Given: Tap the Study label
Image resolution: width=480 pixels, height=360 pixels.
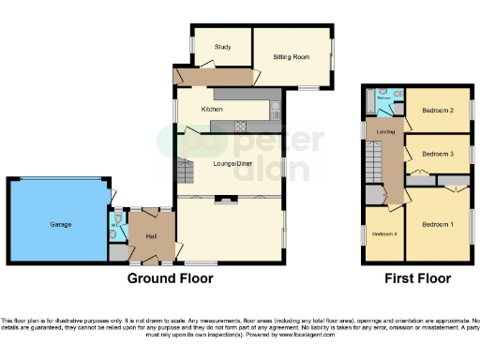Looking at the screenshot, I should pyautogui.click(x=222, y=46).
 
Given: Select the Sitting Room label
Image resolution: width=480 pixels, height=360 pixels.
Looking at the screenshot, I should pyautogui.click(x=291, y=57).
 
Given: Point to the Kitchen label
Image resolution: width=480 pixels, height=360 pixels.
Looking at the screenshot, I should pyautogui.click(x=212, y=110).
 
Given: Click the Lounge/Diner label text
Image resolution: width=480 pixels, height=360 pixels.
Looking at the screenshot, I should pyautogui.click(x=232, y=164).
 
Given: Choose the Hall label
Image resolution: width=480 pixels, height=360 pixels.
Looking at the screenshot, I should pyautogui.click(x=149, y=236).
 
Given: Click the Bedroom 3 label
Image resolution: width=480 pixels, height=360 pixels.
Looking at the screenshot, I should pyautogui.click(x=437, y=153).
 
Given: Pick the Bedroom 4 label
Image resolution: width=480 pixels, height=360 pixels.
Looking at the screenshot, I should pyautogui.click(x=383, y=233).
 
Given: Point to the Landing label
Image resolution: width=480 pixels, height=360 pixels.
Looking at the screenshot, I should pyautogui.click(x=384, y=132).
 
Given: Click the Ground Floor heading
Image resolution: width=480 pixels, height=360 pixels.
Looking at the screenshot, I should pyautogui.click(x=171, y=278).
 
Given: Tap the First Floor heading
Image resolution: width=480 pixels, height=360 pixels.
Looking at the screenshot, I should pyautogui.click(x=417, y=278).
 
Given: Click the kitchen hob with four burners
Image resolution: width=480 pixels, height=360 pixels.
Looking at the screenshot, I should pyautogui.click(x=240, y=125).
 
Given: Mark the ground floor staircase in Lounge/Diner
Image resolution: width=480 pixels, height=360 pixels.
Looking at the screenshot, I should pyautogui.click(x=185, y=174).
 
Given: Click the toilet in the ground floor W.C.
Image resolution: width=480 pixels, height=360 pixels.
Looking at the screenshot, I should pyautogui.click(x=114, y=223).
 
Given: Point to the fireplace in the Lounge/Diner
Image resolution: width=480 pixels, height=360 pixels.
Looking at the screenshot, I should pyautogui.click(x=225, y=198).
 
